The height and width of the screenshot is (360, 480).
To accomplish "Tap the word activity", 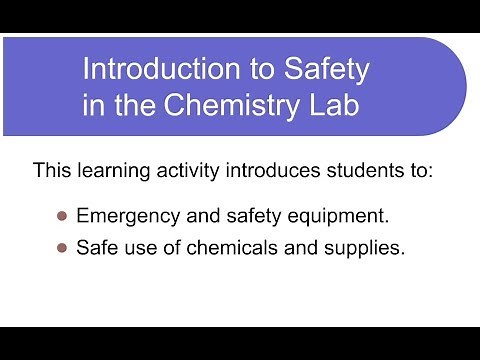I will pos(189,171).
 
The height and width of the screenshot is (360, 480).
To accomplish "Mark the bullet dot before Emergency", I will pos(61,215).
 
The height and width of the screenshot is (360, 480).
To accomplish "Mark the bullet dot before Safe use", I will pos(61,248).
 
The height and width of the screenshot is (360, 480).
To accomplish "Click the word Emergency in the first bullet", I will pos(124,216).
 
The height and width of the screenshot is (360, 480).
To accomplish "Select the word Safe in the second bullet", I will pos(96,248).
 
